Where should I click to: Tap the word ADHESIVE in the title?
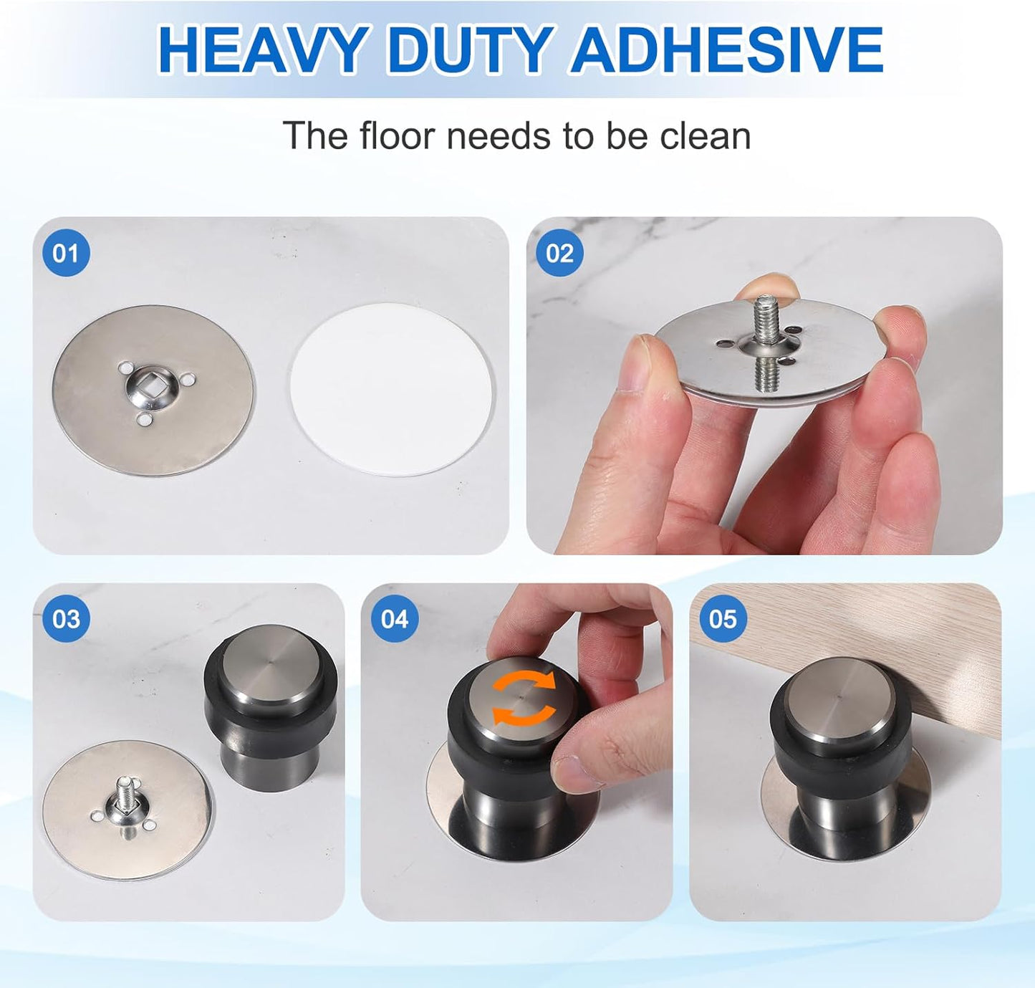[x=726, y=50]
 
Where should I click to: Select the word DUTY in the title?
[x=470, y=50]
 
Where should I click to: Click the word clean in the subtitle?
[x=705, y=135]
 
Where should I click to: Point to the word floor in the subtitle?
[x=397, y=135]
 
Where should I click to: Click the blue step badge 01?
[x=66, y=253]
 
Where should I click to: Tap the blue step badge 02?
[x=559, y=253]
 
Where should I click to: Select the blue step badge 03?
[x=66, y=618]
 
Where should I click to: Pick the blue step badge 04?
[x=394, y=618]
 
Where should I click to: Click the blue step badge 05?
[x=722, y=618]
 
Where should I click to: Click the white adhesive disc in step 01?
[x=392, y=389]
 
